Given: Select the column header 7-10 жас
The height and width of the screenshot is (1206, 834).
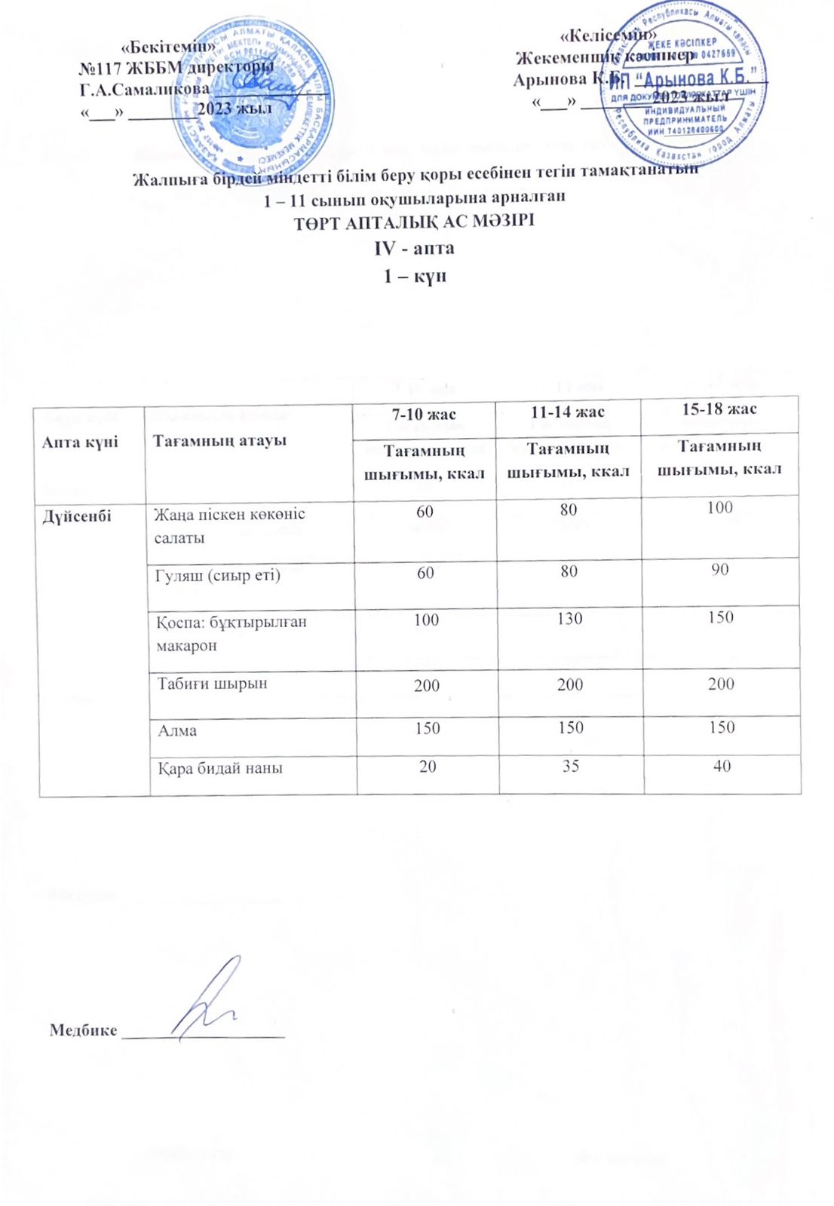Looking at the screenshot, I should pyautogui.click(x=424, y=414).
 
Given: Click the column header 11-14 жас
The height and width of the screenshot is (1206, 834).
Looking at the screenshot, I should pyautogui.click(x=568, y=412).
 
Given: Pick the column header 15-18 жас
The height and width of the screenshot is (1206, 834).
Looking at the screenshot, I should pyautogui.click(x=719, y=409).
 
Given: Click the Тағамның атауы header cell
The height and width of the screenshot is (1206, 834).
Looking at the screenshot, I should pyautogui.click(x=219, y=440).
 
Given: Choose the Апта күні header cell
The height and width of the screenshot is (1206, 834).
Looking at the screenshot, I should pyautogui.click(x=80, y=442).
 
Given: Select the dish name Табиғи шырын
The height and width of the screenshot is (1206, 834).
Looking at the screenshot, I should pyautogui.click(x=212, y=684).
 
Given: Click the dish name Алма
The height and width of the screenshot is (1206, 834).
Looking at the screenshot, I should pyautogui.click(x=177, y=730).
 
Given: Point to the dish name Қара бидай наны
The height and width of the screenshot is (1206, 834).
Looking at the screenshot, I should pyautogui.click(x=219, y=769).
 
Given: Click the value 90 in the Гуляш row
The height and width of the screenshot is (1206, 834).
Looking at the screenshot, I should pyautogui.click(x=719, y=569).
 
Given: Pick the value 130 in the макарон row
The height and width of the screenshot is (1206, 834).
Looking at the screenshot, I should pyautogui.click(x=569, y=619).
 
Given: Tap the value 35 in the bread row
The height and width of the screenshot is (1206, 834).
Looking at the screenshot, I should pyautogui.click(x=570, y=767).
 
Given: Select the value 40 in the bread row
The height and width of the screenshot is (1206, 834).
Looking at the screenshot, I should pyautogui.click(x=722, y=767).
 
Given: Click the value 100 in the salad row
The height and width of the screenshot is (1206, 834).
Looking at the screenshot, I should pyautogui.click(x=719, y=507).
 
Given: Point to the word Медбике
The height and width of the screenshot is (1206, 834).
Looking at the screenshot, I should pyautogui.click(x=83, y=1030).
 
